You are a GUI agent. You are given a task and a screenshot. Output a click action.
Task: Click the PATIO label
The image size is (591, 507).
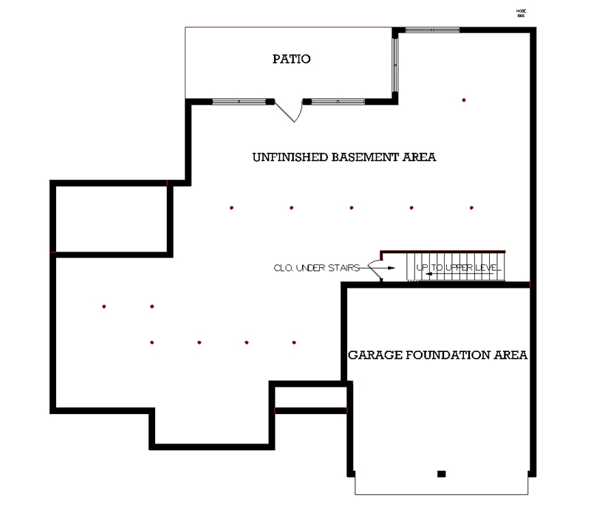click(290, 59)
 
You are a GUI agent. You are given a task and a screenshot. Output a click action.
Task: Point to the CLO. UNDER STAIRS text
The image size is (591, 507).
click(316, 268)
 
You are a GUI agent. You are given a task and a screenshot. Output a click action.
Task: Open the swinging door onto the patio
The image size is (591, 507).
click(290, 112)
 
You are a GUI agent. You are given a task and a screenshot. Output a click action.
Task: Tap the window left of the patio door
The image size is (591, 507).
click(239, 101)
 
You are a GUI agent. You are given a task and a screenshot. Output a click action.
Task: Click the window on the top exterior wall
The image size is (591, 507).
click(432, 30)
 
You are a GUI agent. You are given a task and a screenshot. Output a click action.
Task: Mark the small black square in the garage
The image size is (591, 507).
click(441, 473)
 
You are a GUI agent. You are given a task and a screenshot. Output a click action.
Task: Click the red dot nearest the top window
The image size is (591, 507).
click(464, 100)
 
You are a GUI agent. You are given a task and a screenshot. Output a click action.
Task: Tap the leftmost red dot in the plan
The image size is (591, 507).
click(104, 306)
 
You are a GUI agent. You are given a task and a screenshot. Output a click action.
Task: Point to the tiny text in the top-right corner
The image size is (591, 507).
click(520, 12)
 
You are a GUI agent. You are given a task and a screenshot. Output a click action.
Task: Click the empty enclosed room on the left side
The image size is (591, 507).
click(111, 218)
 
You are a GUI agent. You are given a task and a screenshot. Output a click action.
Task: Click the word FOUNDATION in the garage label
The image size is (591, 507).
click(447, 355)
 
